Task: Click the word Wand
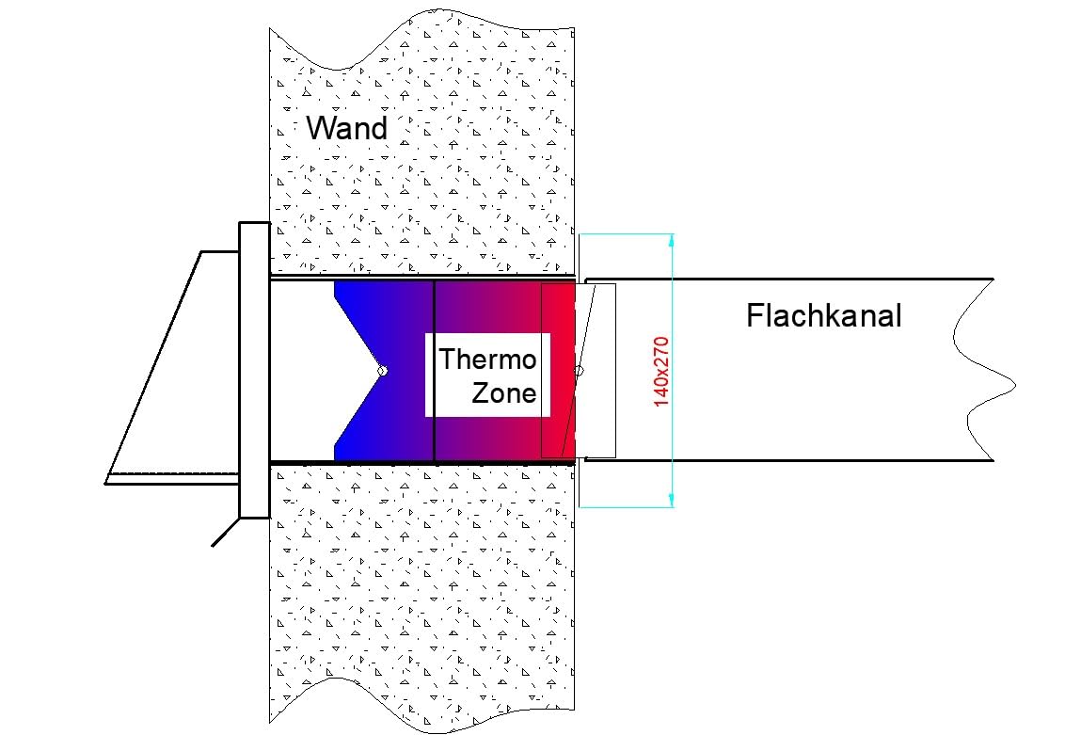[346, 128]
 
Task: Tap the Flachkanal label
[824, 316]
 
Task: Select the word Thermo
[487, 360]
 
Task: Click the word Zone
[503, 392]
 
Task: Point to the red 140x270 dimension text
[660, 372]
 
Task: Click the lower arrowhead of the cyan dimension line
[671, 500]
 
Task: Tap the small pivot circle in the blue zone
[382, 371]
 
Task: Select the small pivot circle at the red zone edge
[579, 371]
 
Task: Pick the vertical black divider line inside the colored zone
[434, 371]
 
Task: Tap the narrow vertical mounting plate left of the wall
[255, 370]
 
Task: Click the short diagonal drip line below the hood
[226, 532]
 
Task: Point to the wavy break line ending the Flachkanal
[985, 370]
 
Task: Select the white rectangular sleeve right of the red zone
[597, 371]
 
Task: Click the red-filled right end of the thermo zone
[558, 371]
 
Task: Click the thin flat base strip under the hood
[172, 478]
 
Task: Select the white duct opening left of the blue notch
[302, 371]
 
